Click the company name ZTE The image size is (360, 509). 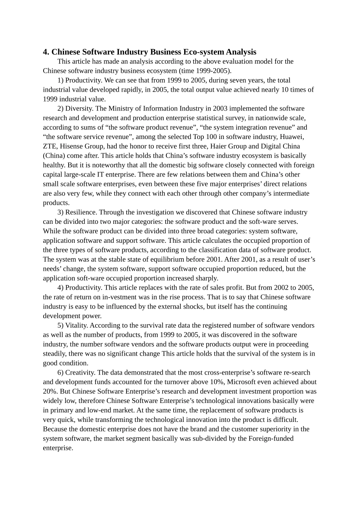(50, 146)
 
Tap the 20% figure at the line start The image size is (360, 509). (50, 391)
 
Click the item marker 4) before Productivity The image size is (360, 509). (61, 287)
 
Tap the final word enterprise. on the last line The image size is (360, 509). (58, 448)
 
